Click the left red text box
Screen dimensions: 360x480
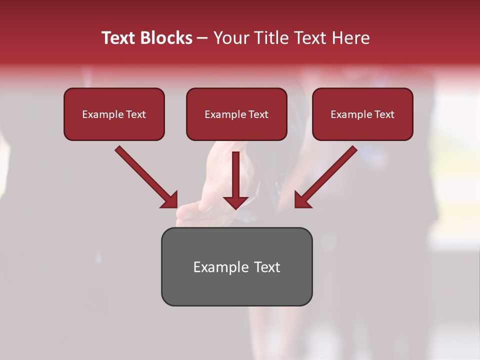coord(114,114)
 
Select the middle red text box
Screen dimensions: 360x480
coord(236,114)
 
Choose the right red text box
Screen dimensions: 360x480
coord(362,114)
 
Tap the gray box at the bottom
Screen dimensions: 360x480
coord(236,266)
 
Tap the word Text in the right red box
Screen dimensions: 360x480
coord(384,114)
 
